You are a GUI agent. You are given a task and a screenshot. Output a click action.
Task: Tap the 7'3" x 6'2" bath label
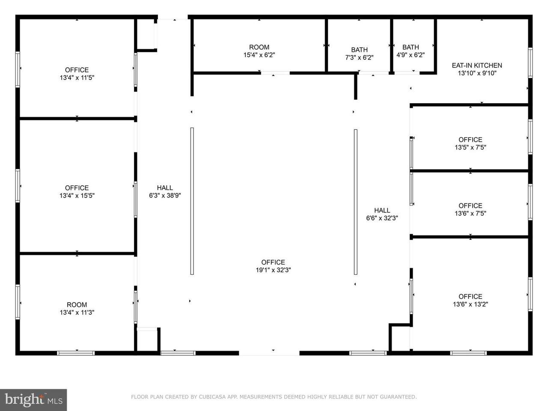point(359,54)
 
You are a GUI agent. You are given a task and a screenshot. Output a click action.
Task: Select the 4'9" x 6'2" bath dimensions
point(411,55)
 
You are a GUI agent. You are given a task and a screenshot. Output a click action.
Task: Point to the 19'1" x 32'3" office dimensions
point(273,270)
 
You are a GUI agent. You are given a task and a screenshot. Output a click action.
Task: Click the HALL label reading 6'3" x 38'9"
point(165,191)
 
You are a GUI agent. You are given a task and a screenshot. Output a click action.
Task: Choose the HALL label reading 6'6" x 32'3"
point(382,214)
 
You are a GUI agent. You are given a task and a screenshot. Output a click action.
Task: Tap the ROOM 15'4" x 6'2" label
point(259,51)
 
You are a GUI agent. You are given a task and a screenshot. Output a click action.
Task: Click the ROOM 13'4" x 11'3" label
point(77,308)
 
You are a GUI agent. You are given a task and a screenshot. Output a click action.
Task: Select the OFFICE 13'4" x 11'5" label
point(77,74)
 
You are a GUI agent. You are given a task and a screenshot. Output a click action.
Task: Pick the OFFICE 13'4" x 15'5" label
point(77,192)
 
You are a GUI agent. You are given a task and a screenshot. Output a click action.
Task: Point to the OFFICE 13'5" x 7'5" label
point(471,143)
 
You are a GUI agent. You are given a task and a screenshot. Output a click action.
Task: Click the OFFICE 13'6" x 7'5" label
point(471,210)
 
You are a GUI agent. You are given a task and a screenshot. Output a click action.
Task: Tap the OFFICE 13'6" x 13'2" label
point(471,301)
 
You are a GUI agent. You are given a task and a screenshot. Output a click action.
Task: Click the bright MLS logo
point(33,400)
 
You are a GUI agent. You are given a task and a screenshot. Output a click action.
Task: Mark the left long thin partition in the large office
point(192,201)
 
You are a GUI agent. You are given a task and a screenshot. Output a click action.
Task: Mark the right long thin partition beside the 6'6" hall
point(355,202)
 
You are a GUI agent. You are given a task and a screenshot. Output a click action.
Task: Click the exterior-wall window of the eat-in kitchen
point(530,63)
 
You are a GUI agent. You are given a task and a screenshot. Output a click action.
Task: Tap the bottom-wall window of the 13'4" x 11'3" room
point(76,353)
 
